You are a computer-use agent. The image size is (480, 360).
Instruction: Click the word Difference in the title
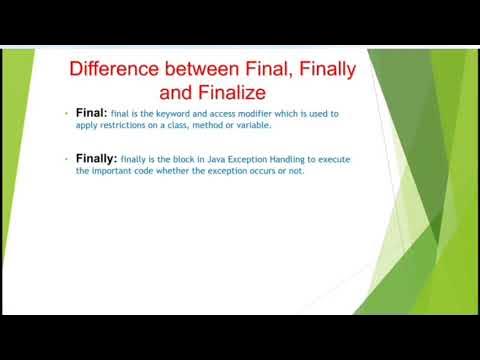click(x=115, y=70)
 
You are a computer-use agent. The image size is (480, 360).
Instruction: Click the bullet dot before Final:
click(x=65, y=113)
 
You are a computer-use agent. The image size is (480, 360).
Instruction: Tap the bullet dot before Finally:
click(x=65, y=158)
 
